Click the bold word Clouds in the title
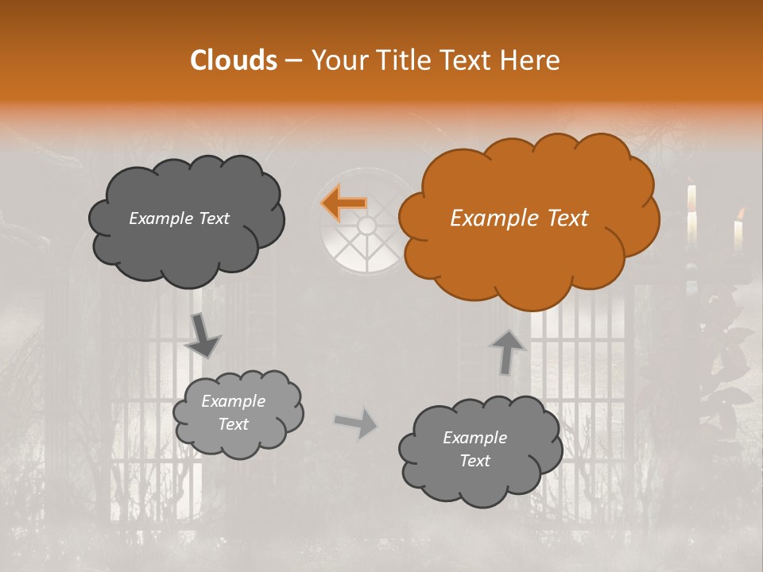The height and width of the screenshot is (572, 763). (x=234, y=60)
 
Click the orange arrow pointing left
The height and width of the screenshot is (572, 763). (x=343, y=203)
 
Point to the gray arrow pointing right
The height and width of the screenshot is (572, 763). (x=356, y=423)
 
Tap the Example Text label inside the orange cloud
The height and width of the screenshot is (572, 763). (x=519, y=218)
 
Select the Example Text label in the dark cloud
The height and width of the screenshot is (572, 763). (x=179, y=218)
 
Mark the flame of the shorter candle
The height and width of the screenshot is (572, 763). (x=741, y=213)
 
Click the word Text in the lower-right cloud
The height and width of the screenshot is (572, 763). (x=474, y=461)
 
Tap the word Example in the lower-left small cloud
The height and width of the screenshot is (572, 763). (x=233, y=401)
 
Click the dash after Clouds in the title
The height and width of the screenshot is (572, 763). (x=292, y=61)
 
